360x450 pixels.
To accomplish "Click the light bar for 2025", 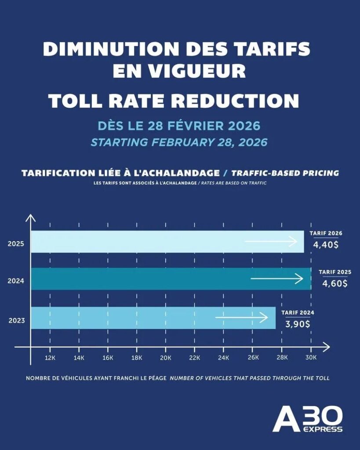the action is (x=167, y=242).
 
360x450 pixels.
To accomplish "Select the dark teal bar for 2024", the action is (x=171, y=279).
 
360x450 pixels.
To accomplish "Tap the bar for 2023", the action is (x=153, y=318).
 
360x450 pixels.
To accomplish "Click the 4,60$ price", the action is (x=335, y=283).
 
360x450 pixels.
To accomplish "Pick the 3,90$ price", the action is (x=298, y=324).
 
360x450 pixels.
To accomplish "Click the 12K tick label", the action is (x=50, y=358).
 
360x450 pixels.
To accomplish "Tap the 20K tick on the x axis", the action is (x=166, y=358).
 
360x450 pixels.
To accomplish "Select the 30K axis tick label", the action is (x=311, y=358).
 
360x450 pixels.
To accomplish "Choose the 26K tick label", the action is (x=253, y=358).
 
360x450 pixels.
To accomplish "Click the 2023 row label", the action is (x=17, y=320).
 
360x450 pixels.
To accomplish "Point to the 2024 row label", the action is (x=16, y=281).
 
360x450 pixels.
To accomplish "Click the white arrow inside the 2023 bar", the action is (x=241, y=317).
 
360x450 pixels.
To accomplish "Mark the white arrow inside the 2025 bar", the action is (x=271, y=241).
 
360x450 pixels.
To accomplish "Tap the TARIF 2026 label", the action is (x=326, y=233).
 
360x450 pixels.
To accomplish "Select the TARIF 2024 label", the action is (x=298, y=312).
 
